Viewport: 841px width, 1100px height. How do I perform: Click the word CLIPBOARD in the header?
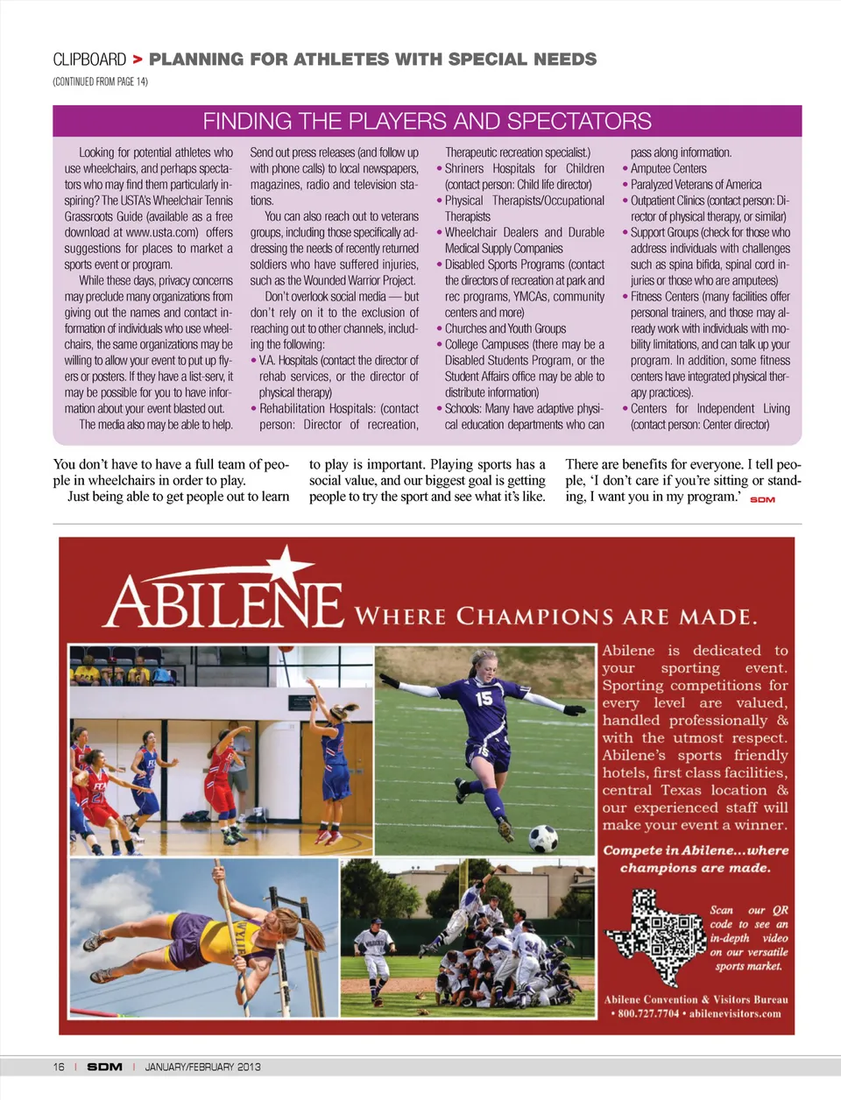coord(89,60)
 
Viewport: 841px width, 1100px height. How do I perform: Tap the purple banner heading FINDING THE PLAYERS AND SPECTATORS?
coord(427,121)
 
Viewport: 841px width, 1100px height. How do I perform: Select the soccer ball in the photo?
coord(543,838)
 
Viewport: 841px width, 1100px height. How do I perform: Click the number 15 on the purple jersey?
coord(484,698)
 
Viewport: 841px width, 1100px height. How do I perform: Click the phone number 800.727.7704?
coord(648,1013)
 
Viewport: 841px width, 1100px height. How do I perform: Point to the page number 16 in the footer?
coord(59,1067)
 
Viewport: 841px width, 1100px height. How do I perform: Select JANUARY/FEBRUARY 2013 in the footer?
coord(202,1067)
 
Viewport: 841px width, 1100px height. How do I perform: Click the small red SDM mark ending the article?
coord(762,499)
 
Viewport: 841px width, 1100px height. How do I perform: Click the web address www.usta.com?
coord(161,232)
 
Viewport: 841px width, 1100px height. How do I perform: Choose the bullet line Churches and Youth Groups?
coord(505,328)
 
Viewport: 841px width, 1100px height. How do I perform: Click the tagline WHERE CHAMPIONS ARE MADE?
coord(555,617)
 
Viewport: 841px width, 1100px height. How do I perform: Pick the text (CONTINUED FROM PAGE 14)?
coord(100,81)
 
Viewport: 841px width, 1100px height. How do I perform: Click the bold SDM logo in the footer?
coord(104,1067)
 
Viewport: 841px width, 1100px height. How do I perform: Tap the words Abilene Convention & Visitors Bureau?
coord(696,999)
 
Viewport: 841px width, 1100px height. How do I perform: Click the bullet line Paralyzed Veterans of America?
coord(696,185)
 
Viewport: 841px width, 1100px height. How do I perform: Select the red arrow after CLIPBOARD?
coord(138,60)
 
